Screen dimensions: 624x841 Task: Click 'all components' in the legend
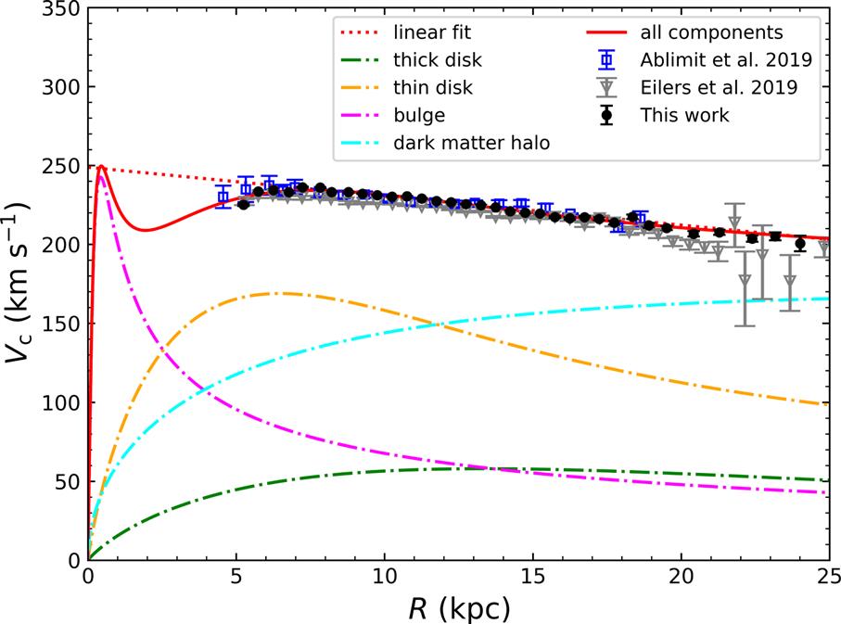coord(711,33)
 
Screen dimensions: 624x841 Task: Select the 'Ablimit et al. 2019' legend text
coord(724,61)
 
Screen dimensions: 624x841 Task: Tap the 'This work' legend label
coord(684,116)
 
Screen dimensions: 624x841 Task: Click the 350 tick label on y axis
coord(57,7)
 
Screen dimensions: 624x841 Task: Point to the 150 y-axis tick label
coord(57,324)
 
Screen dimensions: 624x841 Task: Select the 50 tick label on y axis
coord(63,482)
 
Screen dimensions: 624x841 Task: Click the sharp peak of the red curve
coord(100,167)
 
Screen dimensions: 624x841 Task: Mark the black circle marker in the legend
coord(605,116)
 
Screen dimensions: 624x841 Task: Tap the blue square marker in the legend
coord(605,61)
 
